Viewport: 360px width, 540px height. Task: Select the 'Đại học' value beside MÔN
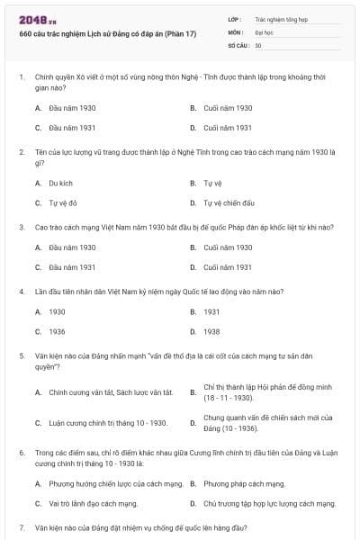264,31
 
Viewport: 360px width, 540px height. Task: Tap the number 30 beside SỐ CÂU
258,45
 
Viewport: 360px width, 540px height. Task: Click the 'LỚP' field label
235,18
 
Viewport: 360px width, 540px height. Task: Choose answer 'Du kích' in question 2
60,183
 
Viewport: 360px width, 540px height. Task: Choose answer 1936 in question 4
57,331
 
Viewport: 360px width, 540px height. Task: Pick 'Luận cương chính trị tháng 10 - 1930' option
108,423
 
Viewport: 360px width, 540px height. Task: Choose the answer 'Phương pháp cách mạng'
244,483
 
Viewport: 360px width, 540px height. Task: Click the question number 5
22,355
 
